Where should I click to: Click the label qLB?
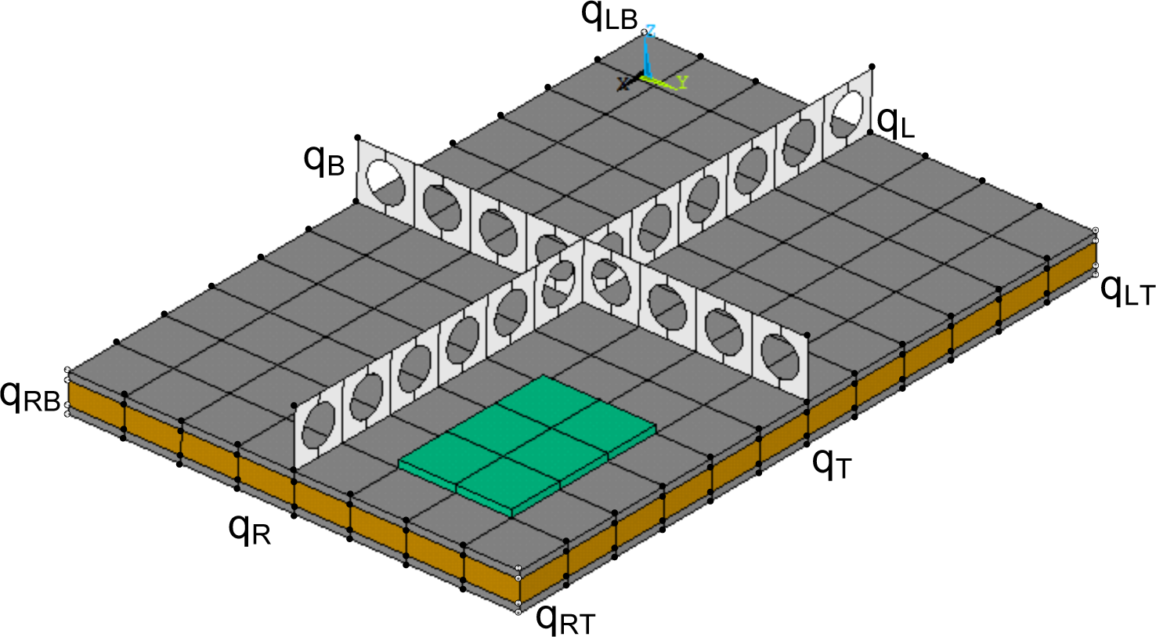click(x=609, y=16)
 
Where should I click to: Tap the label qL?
click(x=895, y=122)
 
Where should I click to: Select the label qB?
click(x=323, y=159)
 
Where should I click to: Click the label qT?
click(x=831, y=463)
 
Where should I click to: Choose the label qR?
click(x=250, y=530)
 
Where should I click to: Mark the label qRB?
click(x=30, y=396)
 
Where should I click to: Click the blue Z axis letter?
click(x=650, y=31)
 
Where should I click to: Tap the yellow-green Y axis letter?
click(x=683, y=81)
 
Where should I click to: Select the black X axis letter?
click(x=623, y=84)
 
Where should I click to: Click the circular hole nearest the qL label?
click(x=849, y=109)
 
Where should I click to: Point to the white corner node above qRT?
click(x=518, y=568)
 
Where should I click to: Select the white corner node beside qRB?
click(x=68, y=370)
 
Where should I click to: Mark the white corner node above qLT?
click(x=1096, y=230)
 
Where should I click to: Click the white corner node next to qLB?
click(x=645, y=31)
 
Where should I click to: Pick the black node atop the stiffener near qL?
click(x=872, y=67)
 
